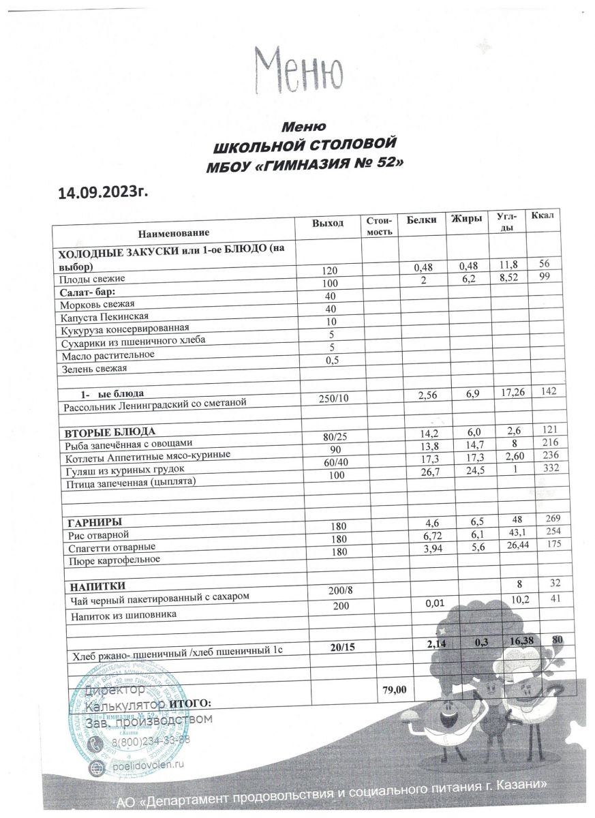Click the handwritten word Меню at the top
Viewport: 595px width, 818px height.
click(297, 70)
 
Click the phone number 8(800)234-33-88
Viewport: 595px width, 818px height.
click(151, 741)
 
